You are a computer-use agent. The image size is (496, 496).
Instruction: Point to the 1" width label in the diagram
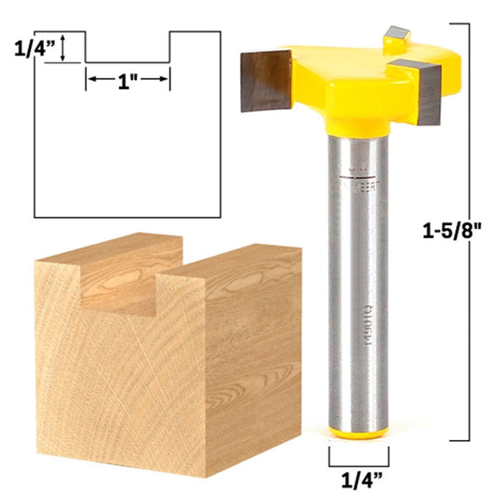pos(127,80)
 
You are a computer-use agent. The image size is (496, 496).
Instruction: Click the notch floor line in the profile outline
pos(127,62)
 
